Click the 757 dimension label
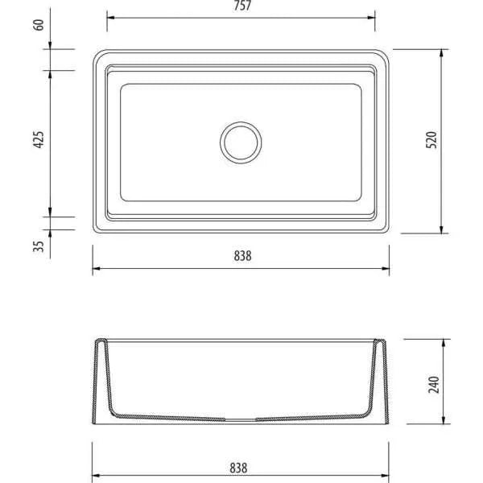pyautogui.click(x=242, y=6)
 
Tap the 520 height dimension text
pyautogui.click(x=431, y=140)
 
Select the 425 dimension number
pyautogui.click(x=39, y=139)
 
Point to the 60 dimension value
pyautogui.click(x=39, y=25)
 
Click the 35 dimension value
pyautogui.click(x=39, y=246)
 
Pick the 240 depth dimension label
pyautogui.click(x=434, y=385)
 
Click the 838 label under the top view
pyautogui.click(x=243, y=256)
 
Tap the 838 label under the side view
pyautogui.click(x=238, y=469)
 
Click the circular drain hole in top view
pyautogui.click(x=241, y=122)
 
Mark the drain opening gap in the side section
pyautogui.click(x=241, y=419)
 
